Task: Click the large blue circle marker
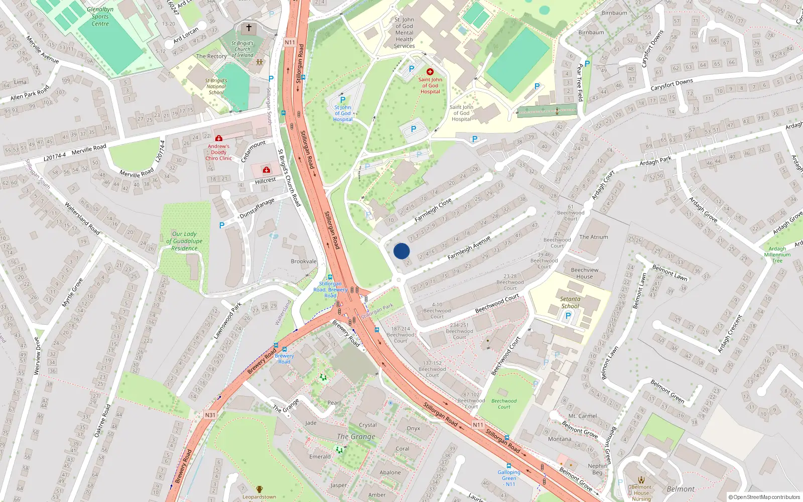401,251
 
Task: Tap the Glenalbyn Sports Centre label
100,17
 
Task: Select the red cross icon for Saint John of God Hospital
430,72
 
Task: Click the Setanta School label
570,302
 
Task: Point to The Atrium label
593,237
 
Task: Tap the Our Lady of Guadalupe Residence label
184,241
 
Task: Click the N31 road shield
210,415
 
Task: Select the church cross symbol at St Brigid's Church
248,28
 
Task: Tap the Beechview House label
584,273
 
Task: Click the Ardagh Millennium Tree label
777,255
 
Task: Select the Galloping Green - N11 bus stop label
509,478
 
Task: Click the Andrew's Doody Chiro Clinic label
218,152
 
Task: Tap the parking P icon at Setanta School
568,316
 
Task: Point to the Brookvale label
304,261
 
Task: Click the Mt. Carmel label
582,416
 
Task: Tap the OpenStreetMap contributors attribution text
764,497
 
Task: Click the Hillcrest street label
265,181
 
